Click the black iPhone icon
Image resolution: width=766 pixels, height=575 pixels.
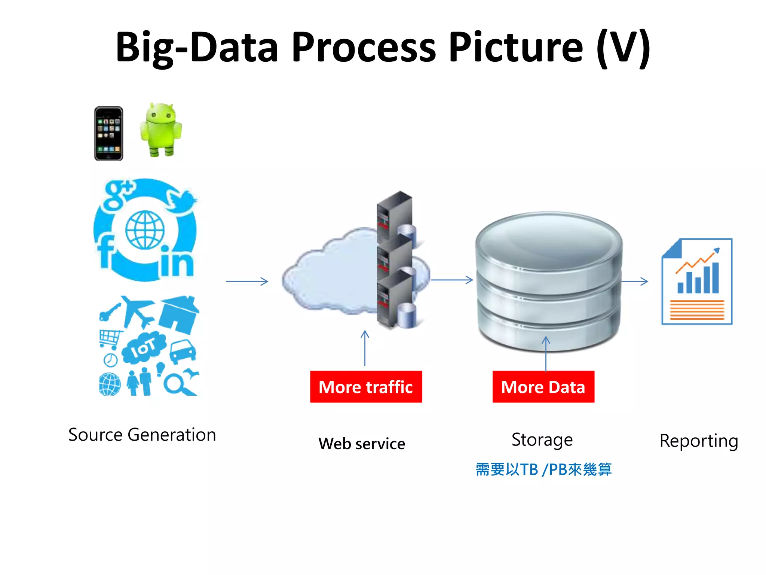tap(108, 134)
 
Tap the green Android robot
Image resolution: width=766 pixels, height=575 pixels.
tap(161, 129)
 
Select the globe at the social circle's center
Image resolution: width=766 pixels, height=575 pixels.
tap(145, 230)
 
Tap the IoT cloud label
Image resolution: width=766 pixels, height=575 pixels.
tap(143, 348)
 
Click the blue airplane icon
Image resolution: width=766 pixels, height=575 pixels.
tap(138, 311)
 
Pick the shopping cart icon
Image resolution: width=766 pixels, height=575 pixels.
tap(110, 339)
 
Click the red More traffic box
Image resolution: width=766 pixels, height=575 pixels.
tap(366, 387)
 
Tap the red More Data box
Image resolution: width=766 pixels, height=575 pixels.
tap(543, 387)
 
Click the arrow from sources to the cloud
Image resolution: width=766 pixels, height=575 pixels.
tap(247, 281)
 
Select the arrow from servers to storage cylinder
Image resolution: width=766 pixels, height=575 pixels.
tap(452, 280)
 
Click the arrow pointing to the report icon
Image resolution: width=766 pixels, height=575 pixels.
tap(635, 281)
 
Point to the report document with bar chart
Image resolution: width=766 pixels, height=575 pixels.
tap(697, 282)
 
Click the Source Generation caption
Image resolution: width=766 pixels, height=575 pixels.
tap(142, 435)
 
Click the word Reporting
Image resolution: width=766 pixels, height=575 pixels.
tap(698, 441)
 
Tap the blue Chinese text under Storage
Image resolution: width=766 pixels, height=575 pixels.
tap(543, 469)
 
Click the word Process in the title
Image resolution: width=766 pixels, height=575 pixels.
tap(364, 48)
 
